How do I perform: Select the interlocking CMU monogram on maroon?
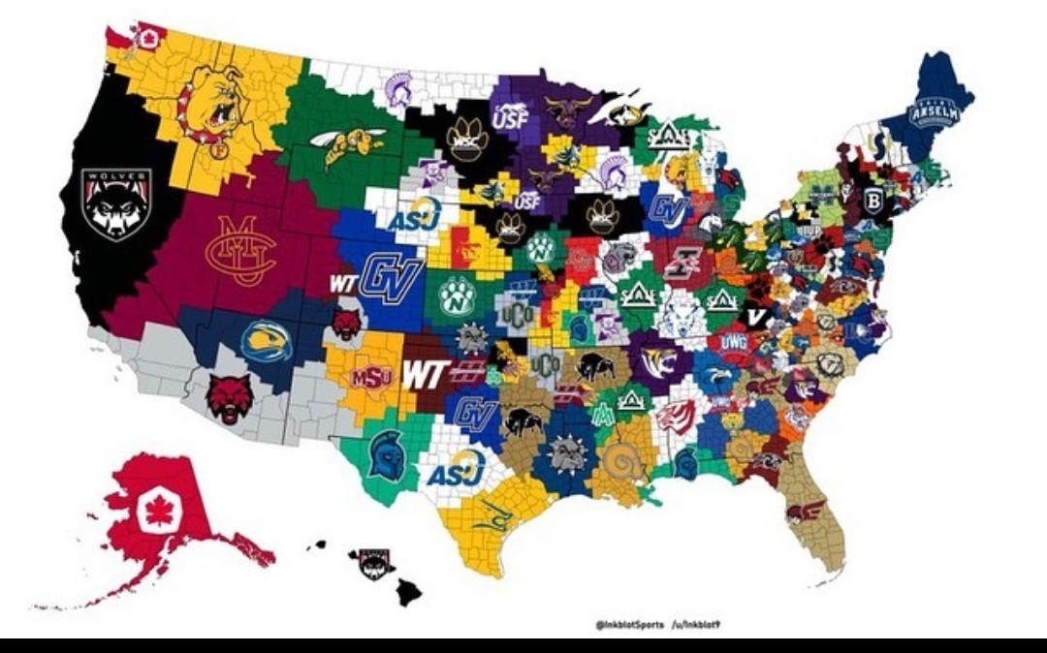[x=238, y=250]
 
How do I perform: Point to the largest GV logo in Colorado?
[x=391, y=280]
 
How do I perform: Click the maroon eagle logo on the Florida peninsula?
[x=807, y=512]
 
